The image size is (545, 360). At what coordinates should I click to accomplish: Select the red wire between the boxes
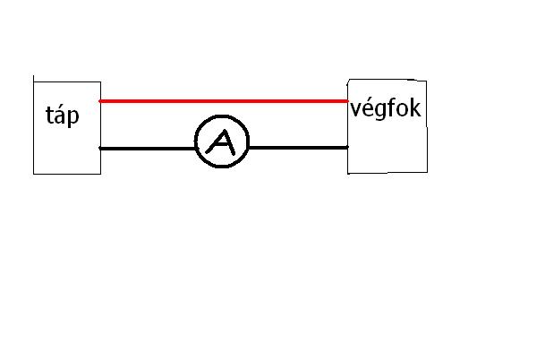click(x=224, y=101)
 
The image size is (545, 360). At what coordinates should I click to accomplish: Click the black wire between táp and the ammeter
click(x=148, y=148)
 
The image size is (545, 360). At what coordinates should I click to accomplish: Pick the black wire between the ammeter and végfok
click(x=297, y=147)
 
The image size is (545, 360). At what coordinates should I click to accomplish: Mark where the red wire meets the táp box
click(x=99, y=101)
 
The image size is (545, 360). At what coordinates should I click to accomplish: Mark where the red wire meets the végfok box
click(x=348, y=101)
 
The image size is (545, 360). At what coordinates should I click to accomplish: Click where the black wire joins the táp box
click(x=100, y=148)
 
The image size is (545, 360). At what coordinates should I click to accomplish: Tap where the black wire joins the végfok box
click(x=348, y=147)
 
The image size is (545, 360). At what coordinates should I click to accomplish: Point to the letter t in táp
click(x=50, y=115)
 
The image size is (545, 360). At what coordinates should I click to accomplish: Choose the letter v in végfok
click(x=356, y=112)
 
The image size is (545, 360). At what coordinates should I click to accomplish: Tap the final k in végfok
click(x=415, y=110)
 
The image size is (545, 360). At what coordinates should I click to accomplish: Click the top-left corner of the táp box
click(x=34, y=78)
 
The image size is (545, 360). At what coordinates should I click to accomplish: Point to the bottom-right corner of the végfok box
click(x=428, y=173)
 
